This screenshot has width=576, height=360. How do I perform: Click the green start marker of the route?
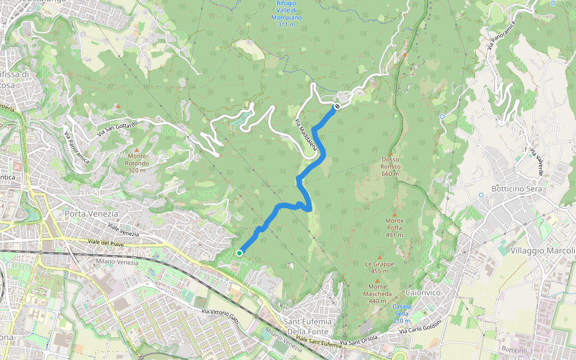pos(239,253)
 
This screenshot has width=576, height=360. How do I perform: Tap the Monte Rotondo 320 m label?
pos(137,163)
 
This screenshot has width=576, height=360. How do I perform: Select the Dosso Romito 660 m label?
pos(390,166)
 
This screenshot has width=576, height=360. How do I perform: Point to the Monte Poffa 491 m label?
pos(394,227)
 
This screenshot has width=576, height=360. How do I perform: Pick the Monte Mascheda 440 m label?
pos(377,290)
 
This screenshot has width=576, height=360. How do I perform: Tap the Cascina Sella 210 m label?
pos(401,313)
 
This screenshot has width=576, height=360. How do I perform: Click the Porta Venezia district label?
pos(91,214)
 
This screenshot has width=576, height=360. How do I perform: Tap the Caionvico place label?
pos(424,292)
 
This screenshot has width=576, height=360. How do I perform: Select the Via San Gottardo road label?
pos(118,127)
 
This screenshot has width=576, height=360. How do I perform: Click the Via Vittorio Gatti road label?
pos(221,317)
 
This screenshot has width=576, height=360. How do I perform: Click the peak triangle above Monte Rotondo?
pos(137,150)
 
